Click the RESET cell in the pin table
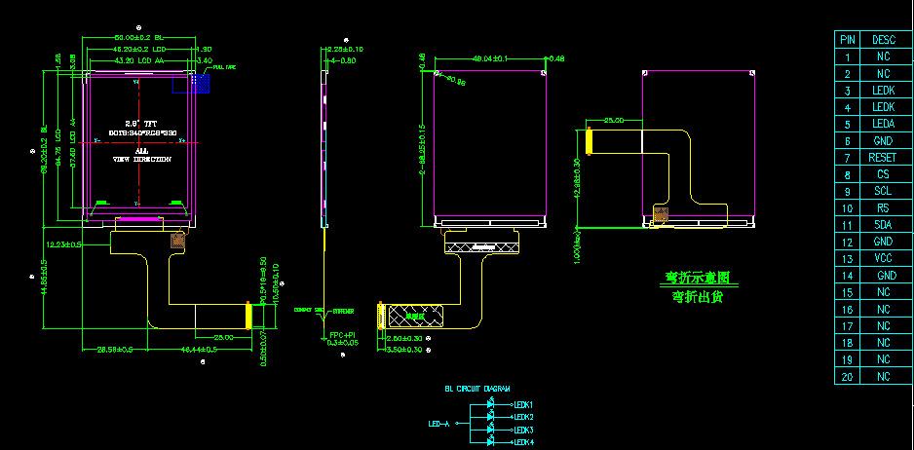[883, 158]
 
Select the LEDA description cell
[883, 124]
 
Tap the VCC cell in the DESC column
[883, 259]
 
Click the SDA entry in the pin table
[883, 225]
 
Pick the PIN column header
[848, 40]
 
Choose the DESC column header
[883, 40]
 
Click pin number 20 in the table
[848, 377]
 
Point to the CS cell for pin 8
[883, 174]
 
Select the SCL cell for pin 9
[883, 191]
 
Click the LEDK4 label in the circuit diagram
[523, 443]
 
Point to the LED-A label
[439, 424]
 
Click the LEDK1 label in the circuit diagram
[523, 404]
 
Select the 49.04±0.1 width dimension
[489, 58]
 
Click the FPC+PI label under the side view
[342, 335]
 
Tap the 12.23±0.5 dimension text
[63, 245]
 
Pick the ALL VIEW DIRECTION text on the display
[142, 155]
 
